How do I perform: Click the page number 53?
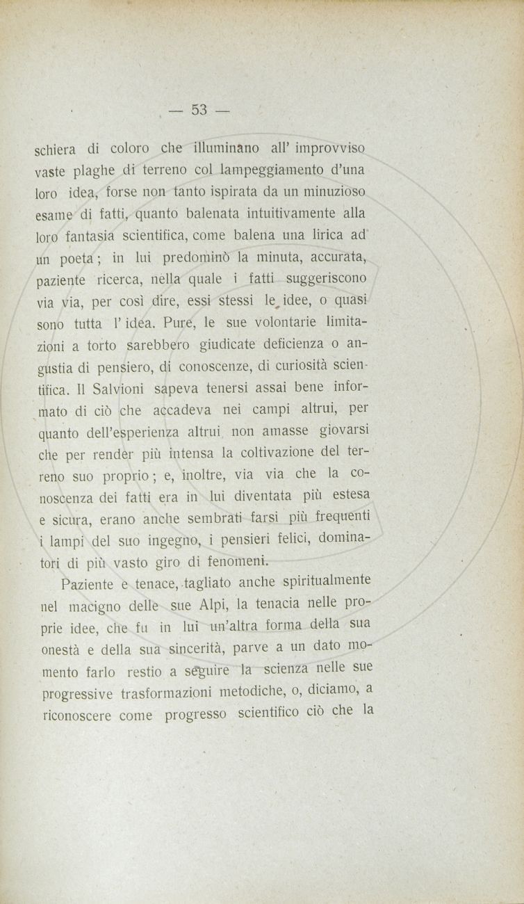tap(200, 110)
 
